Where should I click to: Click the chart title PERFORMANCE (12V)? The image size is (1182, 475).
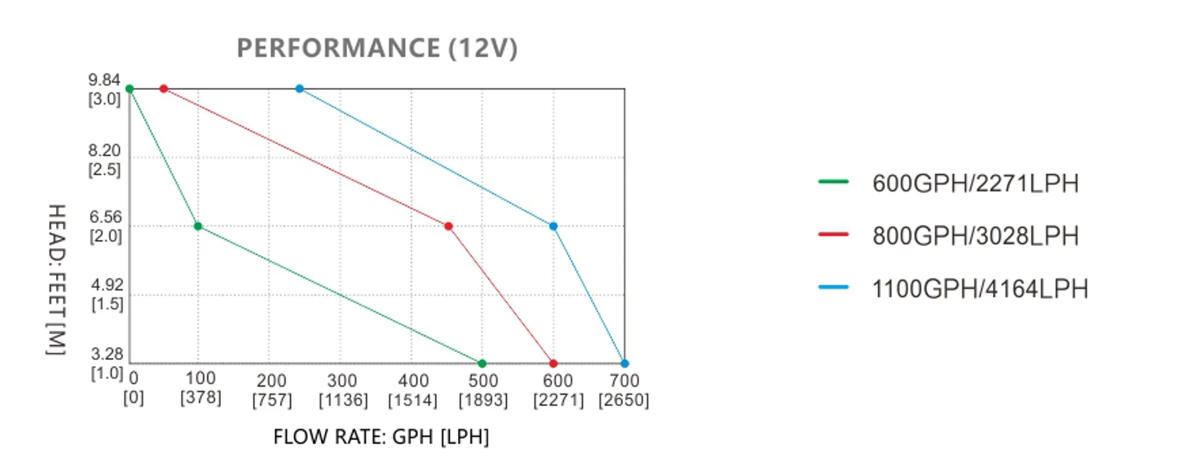click(377, 48)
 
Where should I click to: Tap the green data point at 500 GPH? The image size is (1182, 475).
click(482, 364)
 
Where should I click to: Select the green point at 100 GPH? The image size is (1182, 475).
click(198, 226)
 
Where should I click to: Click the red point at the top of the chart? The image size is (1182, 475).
click(164, 89)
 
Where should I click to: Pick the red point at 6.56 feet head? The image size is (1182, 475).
click(448, 226)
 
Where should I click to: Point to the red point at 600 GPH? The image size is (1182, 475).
click(553, 364)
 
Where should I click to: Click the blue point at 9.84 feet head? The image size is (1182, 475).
click(299, 89)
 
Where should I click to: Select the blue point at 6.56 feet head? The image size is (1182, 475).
click(553, 226)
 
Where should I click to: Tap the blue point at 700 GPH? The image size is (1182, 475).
click(624, 364)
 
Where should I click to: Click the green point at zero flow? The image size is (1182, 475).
click(129, 89)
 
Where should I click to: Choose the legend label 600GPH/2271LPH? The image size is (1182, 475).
click(975, 183)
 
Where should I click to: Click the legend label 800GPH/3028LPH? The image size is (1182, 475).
click(975, 236)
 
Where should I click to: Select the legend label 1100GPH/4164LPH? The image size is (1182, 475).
click(980, 289)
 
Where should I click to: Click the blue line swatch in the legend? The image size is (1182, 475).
click(834, 287)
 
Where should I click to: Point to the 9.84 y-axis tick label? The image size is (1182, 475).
click(104, 80)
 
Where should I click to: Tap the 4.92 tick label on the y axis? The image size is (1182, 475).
click(107, 285)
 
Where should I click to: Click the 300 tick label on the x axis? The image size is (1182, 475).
click(342, 381)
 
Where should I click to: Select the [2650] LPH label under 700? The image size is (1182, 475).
click(624, 400)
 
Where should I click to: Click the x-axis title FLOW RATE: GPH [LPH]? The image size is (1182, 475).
click(381, 436)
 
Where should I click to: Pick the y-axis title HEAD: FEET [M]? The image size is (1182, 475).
click(56, 280)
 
